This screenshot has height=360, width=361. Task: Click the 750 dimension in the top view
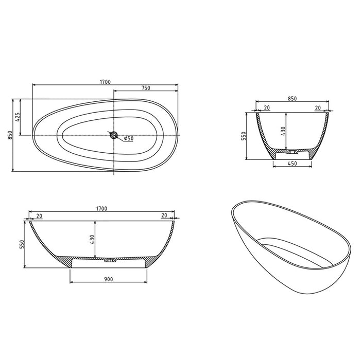point(146,88)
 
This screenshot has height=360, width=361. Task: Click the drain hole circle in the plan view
point(114,136)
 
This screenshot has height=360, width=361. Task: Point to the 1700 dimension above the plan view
point(105,82)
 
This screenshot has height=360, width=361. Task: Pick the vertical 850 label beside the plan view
point(9,135)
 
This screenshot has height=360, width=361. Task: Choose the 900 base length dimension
point(108,279)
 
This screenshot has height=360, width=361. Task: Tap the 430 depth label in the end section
point(283,131)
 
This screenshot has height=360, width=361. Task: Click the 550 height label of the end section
point(245,136)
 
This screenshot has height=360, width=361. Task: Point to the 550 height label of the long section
point(21,244)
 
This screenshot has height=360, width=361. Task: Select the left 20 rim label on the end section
point(266,107)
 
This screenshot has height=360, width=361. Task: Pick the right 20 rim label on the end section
point(318,107)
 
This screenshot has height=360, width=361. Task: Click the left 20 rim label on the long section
point(40,216)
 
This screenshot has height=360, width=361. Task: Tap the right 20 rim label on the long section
point(164,216)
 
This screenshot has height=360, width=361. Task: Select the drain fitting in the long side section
point(109,261)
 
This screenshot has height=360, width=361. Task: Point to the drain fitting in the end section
point(292,152)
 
